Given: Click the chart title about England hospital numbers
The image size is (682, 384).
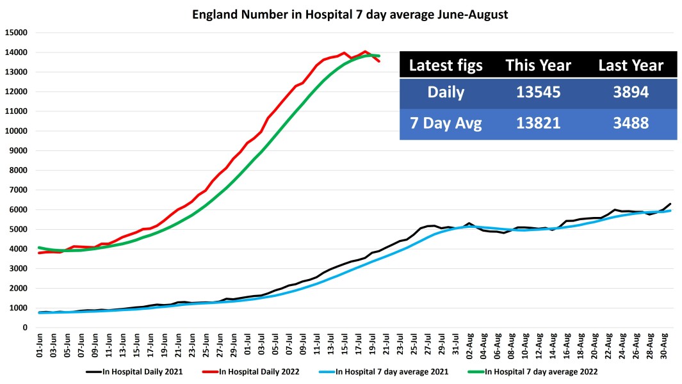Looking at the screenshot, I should [x=350, y=14].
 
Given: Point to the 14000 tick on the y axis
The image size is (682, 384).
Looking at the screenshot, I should [x=17, y=52].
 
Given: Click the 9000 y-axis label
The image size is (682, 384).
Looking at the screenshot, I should [x=19, y=150].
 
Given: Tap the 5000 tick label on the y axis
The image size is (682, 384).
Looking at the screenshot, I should [x=19, y=229].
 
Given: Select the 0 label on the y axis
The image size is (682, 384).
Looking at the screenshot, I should [x=26, y=328].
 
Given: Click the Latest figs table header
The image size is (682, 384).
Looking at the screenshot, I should [x=446, y=65].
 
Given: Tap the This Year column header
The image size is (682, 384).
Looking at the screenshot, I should [x=538, y=65].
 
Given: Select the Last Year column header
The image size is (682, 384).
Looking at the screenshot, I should [x=631, y=65].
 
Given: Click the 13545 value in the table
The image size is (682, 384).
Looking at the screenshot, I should [x=538, y=93].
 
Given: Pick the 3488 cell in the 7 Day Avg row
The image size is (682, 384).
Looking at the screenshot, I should [x=631, y=124].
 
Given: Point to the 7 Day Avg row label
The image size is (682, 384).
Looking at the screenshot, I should [x=446, y=124].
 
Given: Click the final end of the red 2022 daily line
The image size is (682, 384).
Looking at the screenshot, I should [x=379, y=61].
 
